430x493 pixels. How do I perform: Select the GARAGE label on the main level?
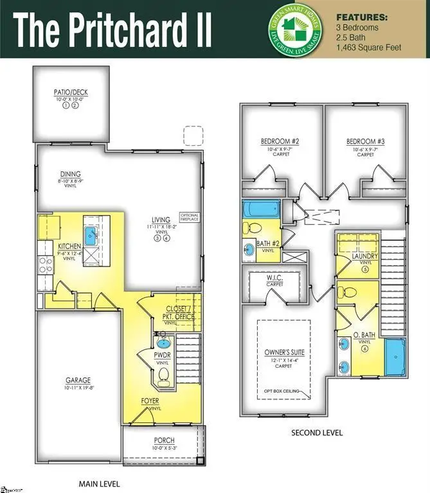[x=78, y=379]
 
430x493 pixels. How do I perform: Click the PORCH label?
[x=164, y=440]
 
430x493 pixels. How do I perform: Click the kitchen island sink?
[x=91, y=233]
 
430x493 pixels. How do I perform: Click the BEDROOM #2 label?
[x=278, y=141]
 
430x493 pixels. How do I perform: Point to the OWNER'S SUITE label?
[x=284, y=352]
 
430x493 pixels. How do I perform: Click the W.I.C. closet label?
[x=275, y=277]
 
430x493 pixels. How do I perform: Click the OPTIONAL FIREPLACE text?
[x=190, y=217]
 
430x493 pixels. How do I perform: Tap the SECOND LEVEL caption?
[x=317, y=433]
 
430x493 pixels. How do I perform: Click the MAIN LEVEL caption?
[x=99, y=483]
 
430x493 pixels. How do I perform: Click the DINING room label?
[x=71, y=174]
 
